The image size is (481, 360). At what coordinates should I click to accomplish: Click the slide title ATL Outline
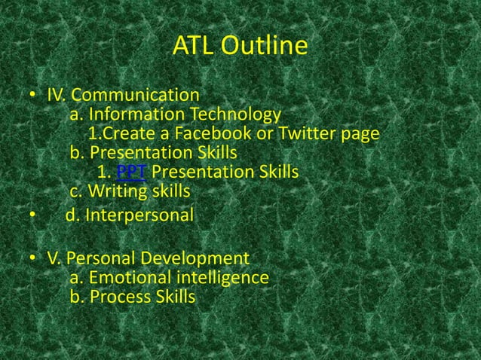click(240, 47)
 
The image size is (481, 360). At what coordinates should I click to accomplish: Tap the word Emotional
click(127, 278)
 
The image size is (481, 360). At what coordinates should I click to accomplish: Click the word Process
click(119, 297)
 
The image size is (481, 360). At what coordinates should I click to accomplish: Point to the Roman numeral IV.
click(57, 96)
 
